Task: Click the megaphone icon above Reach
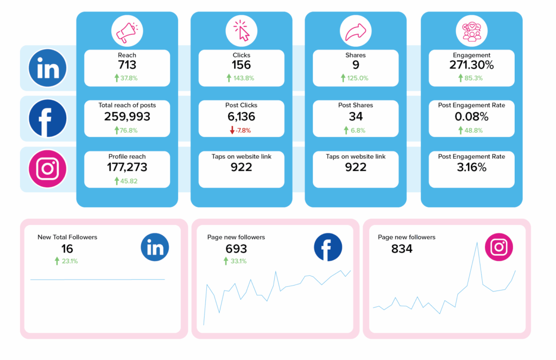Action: (x=127, y=31)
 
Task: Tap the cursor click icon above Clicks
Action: (x=241, y=31)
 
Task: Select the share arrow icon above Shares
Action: (x=356, y=31)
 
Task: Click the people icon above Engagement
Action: (x=471, y=31)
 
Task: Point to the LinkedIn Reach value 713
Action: (x=127, y=65)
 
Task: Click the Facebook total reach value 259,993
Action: (x=127, y=116)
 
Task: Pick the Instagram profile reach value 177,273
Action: (x=127, y=167)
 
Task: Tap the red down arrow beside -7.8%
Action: (x=232, y=130)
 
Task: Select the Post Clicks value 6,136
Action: (x=241, y=116)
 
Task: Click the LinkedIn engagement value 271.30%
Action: (x=471, y=65)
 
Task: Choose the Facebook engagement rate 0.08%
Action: (x=471, y=116)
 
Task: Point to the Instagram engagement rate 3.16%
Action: (x=471, y=167)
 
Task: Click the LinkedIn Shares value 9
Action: (x=356, y=65)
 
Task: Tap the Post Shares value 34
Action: (x=356, y=116)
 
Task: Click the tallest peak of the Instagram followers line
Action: (x=477, y=242)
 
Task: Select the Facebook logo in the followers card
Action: (x=328, y=248)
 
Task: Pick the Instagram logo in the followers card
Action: (x=498, y=247)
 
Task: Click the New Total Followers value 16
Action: (x=67, y=249)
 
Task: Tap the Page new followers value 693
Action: (x=236, y=249)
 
